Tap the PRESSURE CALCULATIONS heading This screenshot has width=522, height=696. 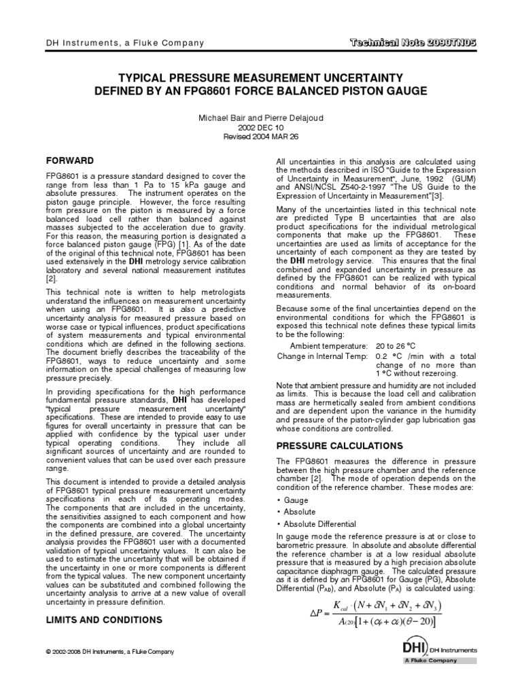[330, 445]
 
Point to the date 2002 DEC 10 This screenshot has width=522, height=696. [260, 127]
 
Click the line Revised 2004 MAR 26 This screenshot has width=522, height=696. [260, 136]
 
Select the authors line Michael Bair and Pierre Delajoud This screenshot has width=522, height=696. [260, 118]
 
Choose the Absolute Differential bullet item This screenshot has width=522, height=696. [319, 524]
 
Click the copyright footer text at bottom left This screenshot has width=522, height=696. [109, 651]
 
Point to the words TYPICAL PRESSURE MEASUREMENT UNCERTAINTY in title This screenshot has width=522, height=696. [260, 78]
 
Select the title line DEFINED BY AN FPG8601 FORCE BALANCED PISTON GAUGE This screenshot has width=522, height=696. [260, 92]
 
